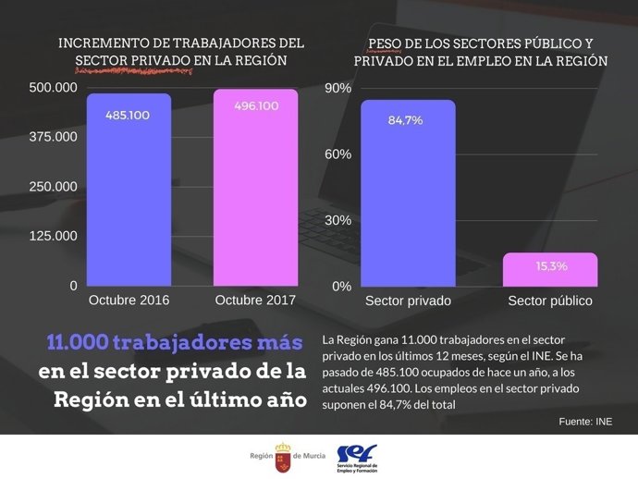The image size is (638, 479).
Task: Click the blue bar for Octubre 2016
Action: point(129,194)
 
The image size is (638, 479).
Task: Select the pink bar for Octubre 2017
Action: point(256,194)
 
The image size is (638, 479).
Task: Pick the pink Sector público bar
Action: point(550,270)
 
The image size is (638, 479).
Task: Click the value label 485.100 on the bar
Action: point(129,116)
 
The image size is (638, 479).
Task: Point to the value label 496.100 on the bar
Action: point(256,106)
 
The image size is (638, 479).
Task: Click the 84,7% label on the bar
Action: point(406,120)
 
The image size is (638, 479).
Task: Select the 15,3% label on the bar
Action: point(551,266)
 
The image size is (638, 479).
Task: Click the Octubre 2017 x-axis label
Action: point(255,301)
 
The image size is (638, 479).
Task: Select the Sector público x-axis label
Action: point(550,301)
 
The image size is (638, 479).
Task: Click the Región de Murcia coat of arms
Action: point(282,456)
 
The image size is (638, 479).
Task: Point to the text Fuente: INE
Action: point(585,421)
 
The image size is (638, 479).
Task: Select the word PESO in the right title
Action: point(386,43)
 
